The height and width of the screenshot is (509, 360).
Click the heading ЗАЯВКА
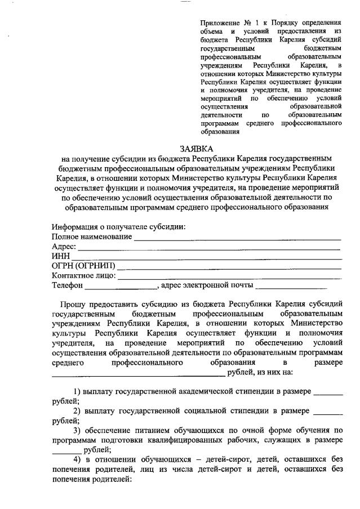[x=197, y=149]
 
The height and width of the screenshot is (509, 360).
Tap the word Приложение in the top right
[x=220, y=22]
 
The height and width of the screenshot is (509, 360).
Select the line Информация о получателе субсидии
[x=119, y=227]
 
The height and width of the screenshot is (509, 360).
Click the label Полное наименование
[x=92, y=237]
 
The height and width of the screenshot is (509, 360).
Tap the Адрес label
[x=63, y=247]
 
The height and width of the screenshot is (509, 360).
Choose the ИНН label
[x=60, y=256]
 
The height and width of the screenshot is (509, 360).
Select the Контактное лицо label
[x=83, y=275]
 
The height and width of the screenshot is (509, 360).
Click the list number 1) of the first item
[x=77, y=391]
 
